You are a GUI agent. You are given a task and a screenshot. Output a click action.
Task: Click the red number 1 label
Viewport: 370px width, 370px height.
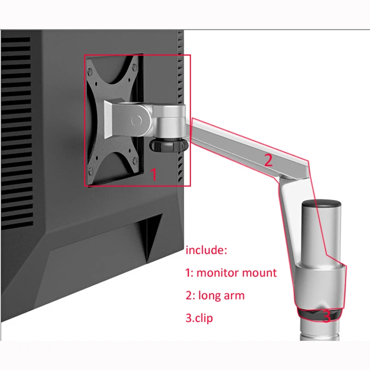154,175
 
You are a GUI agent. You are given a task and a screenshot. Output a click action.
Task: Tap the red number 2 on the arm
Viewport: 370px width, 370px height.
269,160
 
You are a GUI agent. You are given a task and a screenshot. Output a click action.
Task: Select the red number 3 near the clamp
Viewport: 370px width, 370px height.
327,317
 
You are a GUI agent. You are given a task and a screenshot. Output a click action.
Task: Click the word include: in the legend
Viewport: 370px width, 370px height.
207,250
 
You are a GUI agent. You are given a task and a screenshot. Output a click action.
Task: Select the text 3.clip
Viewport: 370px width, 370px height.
199,318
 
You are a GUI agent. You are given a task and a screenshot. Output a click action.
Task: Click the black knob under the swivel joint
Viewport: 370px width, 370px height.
168,145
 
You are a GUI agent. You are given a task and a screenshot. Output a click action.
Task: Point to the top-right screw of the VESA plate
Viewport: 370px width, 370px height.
135,66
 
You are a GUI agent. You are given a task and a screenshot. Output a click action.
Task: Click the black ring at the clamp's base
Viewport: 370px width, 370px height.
321,314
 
